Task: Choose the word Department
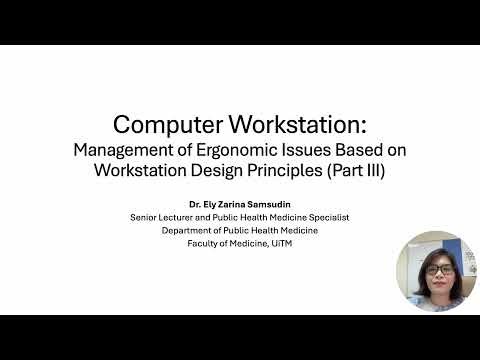(x=187, y=230)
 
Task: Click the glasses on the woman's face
(x=437, y=270)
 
